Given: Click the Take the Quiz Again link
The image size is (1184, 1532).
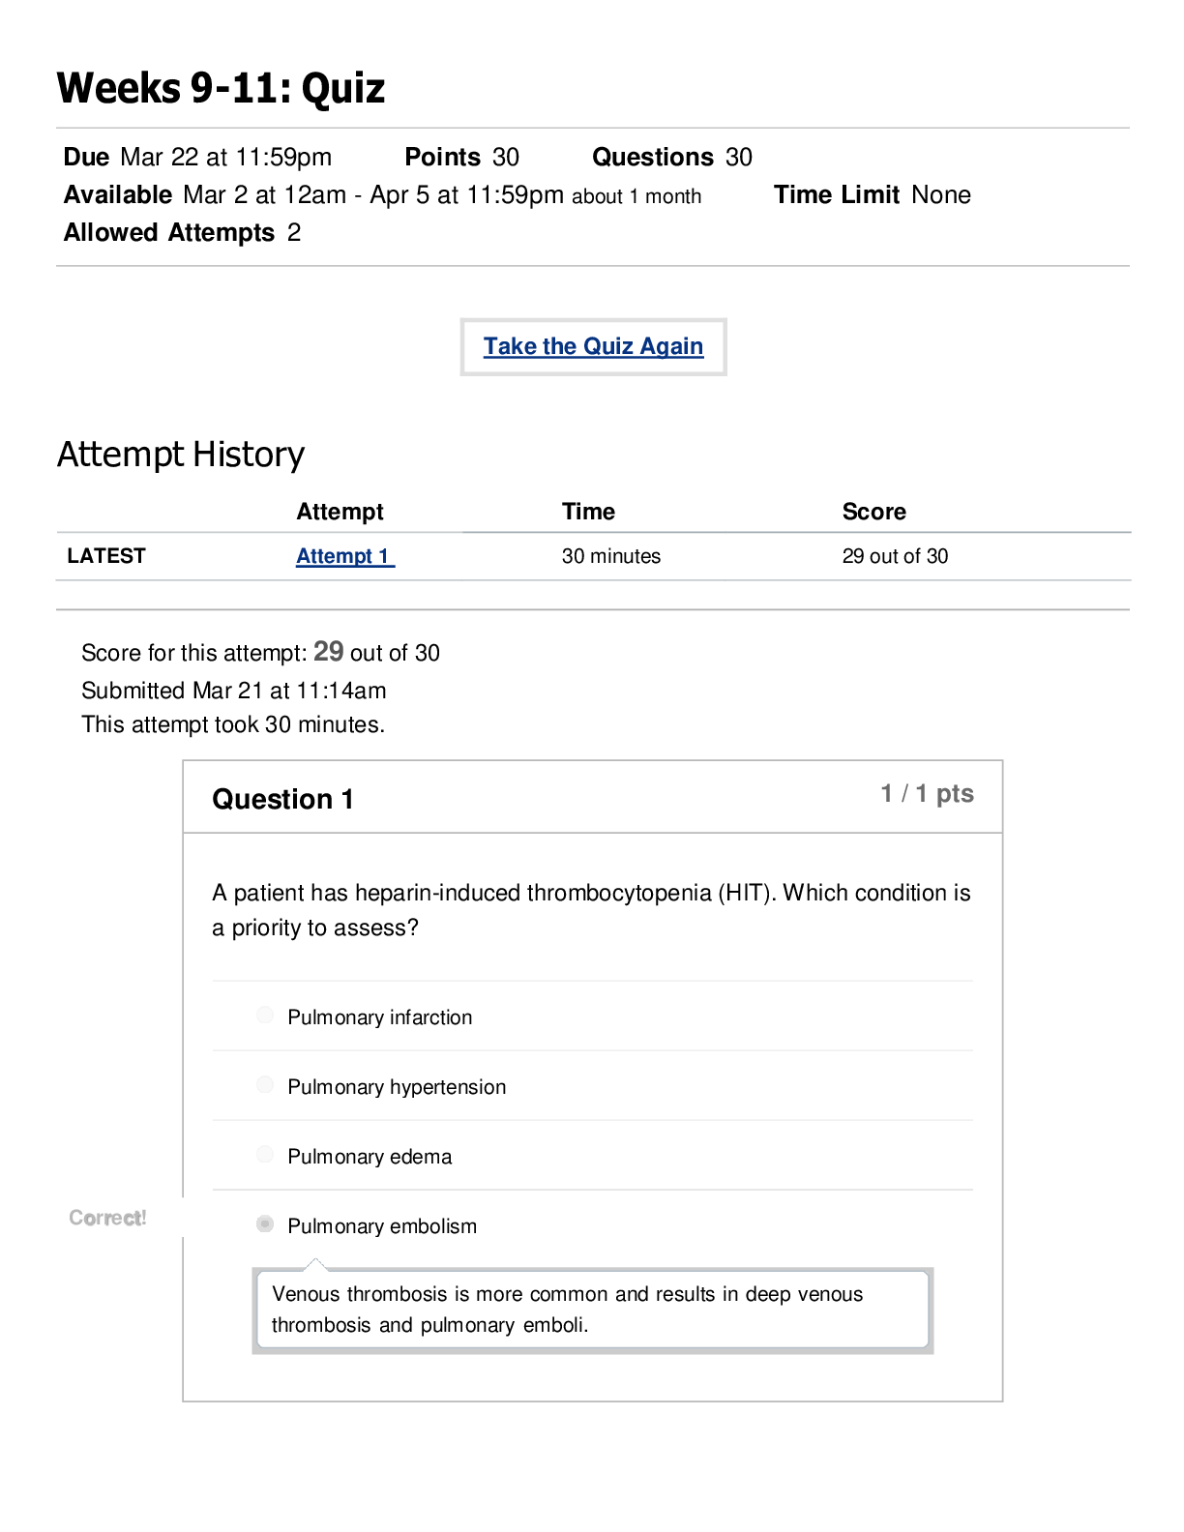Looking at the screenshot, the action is (x=593, y=346).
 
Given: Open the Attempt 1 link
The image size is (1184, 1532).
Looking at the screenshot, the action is (x=344, y=556).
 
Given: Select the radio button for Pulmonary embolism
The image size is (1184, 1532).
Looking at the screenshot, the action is (x=265, y=1223).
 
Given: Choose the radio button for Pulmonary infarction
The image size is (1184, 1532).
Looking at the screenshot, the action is (x=265, y=1015).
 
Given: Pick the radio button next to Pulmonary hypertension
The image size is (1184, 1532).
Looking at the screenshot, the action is (x=265, y=1084).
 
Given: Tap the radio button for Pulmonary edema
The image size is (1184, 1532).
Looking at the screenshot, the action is (x=265, y=1154).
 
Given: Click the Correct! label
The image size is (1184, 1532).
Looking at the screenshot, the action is (x=107, y=1218).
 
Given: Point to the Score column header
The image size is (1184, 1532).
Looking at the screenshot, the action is (x=873, y=511).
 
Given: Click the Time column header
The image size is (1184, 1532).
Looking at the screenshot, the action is (x=588, y=511).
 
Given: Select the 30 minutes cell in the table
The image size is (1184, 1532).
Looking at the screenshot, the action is (x=610, y=556).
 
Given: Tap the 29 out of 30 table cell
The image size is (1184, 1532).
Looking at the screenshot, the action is (x=895, y=556).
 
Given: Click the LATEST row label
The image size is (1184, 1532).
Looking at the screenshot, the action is (x=106, y=555).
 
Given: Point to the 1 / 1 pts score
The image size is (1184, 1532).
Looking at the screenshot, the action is (x=927, y=793).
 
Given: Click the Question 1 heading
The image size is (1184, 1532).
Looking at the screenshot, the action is (x=282, y=799).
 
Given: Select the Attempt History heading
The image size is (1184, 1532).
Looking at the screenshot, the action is (x=181, y=454).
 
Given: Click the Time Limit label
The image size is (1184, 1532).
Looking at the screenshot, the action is (x=837, y=194).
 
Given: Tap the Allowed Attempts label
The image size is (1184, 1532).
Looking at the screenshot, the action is (x=169, y=233).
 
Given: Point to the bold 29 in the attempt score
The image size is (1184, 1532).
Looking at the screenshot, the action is (x=328, y=651).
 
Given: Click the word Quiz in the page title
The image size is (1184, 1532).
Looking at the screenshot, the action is (x=343, y=88).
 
